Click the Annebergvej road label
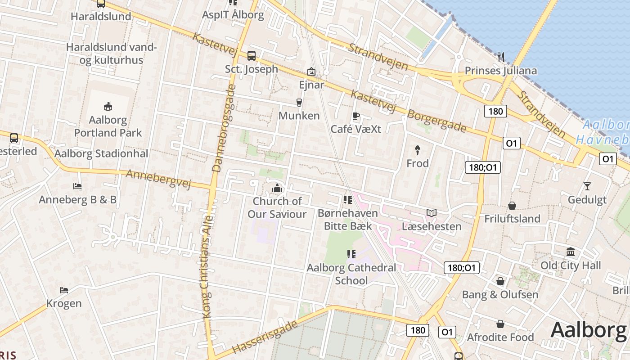point(158,179)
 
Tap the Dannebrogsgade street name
point(223,129)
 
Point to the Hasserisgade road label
point(265,337)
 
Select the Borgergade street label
point(436,121)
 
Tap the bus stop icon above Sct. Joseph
point(252,56)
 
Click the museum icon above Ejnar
point(311,72)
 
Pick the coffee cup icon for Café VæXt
point(356,116)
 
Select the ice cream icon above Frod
point(418,150)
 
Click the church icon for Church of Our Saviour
point(277,188)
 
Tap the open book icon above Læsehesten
point(432,213)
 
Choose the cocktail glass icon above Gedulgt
point(587,186)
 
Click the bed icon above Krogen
point(64,290)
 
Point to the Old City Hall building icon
point(571,252)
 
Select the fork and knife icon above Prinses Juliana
point(501,57)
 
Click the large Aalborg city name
point(589,330)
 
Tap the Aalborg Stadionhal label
point(101,153)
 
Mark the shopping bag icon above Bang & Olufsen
point(500,281)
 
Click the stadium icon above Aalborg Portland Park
point(108,107)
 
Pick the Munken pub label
point(299,116)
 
